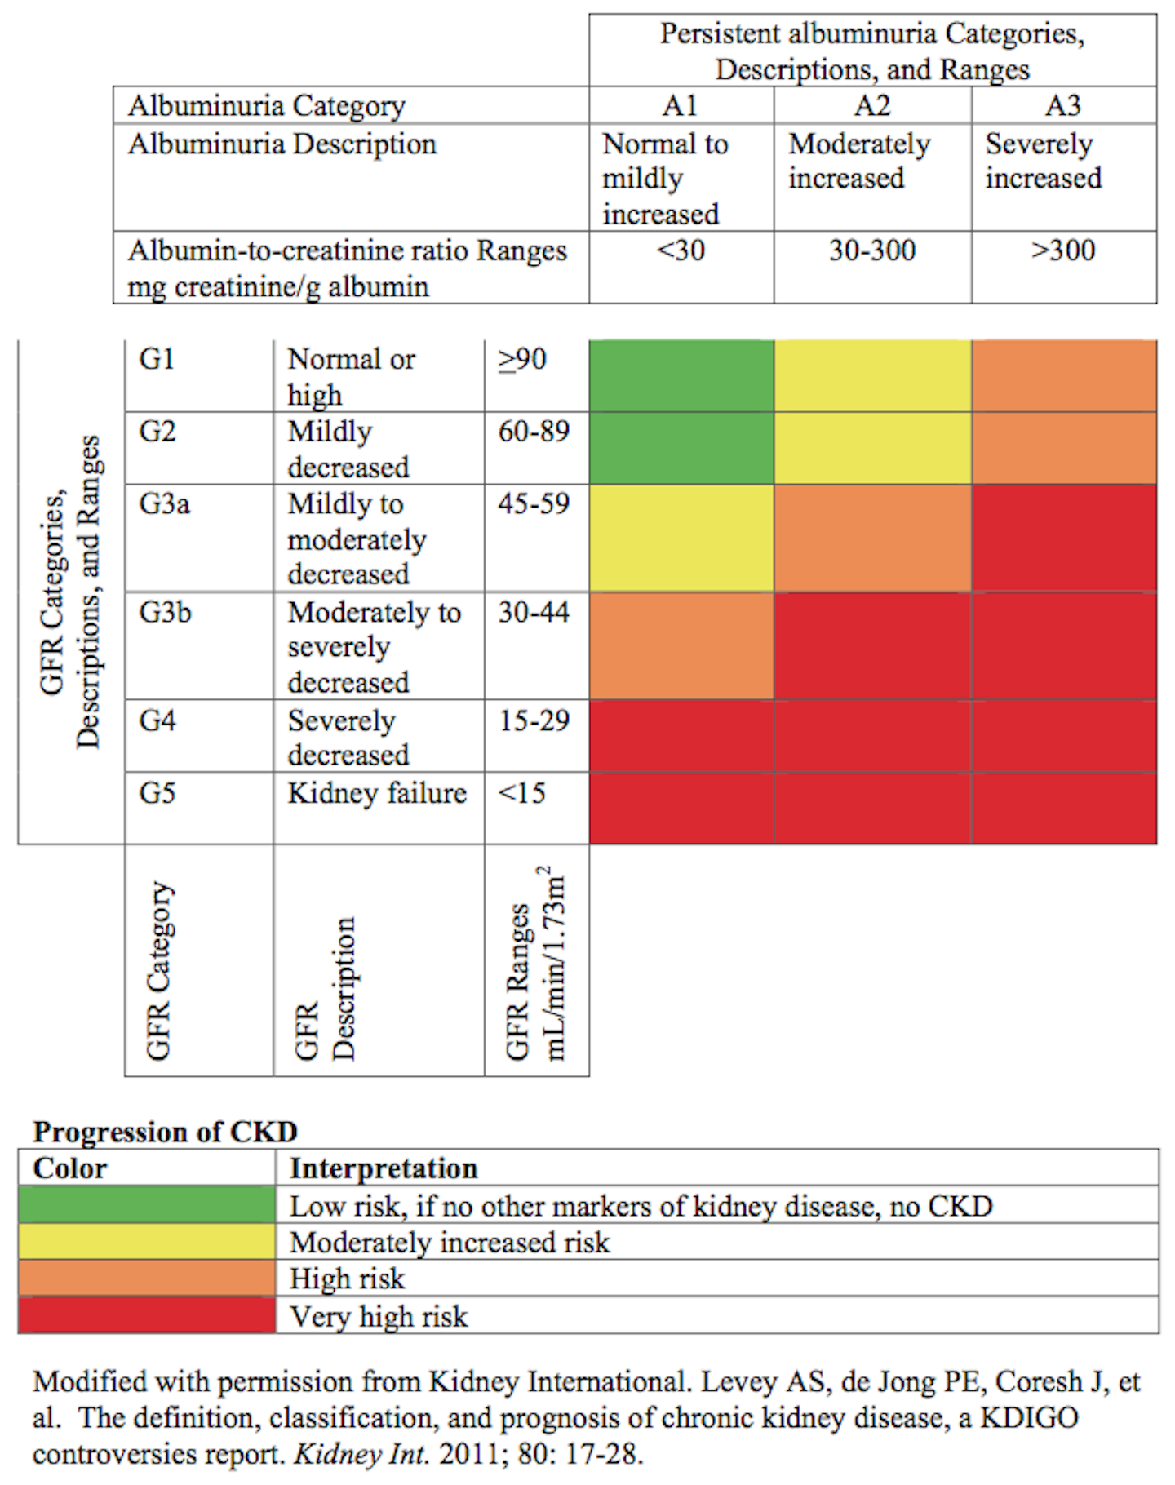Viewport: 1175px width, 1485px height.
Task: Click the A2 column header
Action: coord(871,105)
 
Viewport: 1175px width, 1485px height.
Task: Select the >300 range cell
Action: coord(1063,250)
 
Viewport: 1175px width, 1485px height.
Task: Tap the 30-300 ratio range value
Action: coord(871,250)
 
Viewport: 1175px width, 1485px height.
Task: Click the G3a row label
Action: coord(164,503)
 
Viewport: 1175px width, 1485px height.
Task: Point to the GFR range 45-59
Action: coord(534,503)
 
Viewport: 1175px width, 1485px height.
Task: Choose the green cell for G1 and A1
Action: coord(681,376)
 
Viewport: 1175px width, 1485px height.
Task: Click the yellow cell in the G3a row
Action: coord(681,539)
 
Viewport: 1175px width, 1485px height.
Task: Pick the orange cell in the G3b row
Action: coord(681,646)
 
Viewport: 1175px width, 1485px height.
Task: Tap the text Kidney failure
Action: coord(377,793)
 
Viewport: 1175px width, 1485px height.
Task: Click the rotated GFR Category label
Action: coord(158,971)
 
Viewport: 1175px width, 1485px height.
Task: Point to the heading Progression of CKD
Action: coord(165,1132)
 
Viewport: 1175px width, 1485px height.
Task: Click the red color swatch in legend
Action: coord(147,1316)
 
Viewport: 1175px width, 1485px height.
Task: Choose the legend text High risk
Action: coord(347,1279)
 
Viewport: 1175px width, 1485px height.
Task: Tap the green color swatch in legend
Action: coord(147,1205)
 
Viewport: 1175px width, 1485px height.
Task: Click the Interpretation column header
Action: coord(384,1168)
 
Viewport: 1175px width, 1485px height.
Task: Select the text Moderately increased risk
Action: coord(450,1243)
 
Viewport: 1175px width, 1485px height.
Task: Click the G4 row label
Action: coord(157,721)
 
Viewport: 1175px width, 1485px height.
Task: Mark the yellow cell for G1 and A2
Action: coord(871,376)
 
